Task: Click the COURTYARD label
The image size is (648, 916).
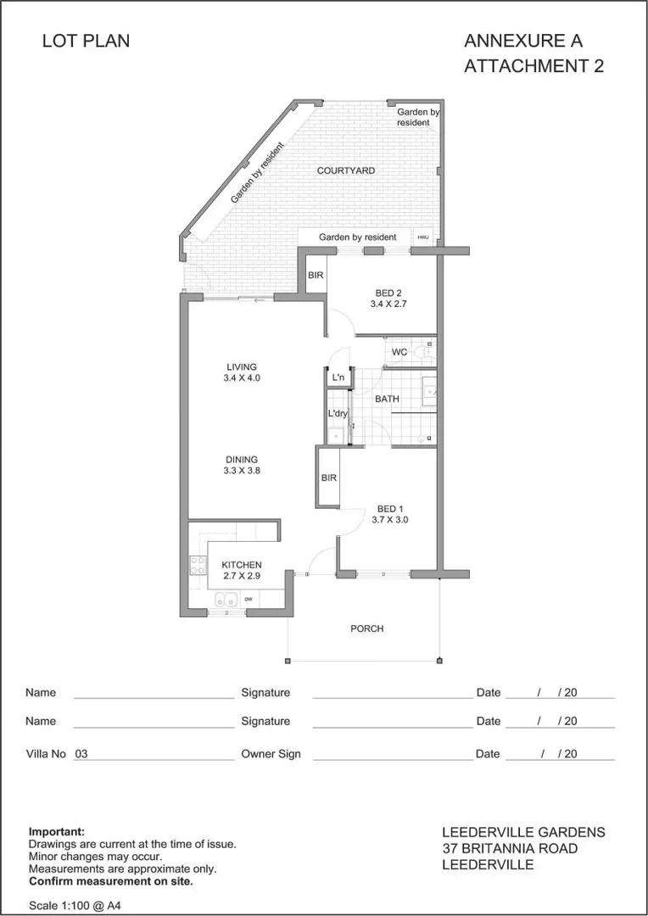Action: click(346, 170)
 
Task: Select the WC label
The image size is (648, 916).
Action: click(399, 352)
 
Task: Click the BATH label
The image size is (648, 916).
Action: click(387, 399)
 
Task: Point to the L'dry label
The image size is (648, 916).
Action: click(338, 414)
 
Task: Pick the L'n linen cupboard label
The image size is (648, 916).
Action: click(338, 378)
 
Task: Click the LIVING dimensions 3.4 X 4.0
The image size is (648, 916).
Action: click(242, 378)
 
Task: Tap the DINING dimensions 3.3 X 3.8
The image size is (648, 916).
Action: click(242, 470)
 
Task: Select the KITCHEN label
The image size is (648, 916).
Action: click(242, 565)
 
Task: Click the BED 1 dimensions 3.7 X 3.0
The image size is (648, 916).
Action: click(390, 519)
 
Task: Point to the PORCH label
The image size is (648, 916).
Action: click(367, 628)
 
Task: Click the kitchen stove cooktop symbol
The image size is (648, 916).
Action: click(198, 564)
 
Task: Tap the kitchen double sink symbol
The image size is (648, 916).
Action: click(226, 600)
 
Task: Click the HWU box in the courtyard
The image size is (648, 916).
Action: click(423, 237)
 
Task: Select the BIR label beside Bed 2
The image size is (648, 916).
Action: click(316, 275)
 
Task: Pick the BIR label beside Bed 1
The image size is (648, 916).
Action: click(329, 478)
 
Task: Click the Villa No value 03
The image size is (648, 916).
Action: click(81, 754)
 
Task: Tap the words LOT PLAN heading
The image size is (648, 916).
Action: click(86, 41)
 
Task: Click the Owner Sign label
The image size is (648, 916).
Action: click(271, 754)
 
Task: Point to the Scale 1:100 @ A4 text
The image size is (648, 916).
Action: click(75, 906)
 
